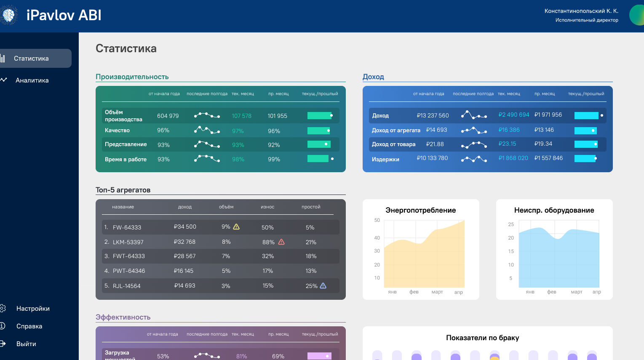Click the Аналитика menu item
click(x=32, y=80)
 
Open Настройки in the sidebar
click(x=33, y=308)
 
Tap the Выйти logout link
click(x=26, y=344)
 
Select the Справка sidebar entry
click(x=29, y=326)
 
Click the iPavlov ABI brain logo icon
click(x=8, y=15)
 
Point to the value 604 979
click(x=168, y=116)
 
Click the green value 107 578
click(x=241, y=116)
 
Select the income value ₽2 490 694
click(x=514, y=115)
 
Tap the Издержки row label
click(x=385, y=159)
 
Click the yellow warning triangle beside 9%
click(x=236, y=227)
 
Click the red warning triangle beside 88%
click(x=281, y=242)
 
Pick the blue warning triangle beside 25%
click(x=323, y=285)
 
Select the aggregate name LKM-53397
click(x=128, y=242)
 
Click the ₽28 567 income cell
click(x=184, y=256)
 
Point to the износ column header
click(x=267, y=207)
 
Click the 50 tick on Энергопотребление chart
click(x=377, y=220)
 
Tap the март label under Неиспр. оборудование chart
click(x=577, y=292)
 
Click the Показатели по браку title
click(x=482, y=338)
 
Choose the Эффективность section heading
click(x=123, y=317)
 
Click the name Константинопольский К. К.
click(x=581, y=11)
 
